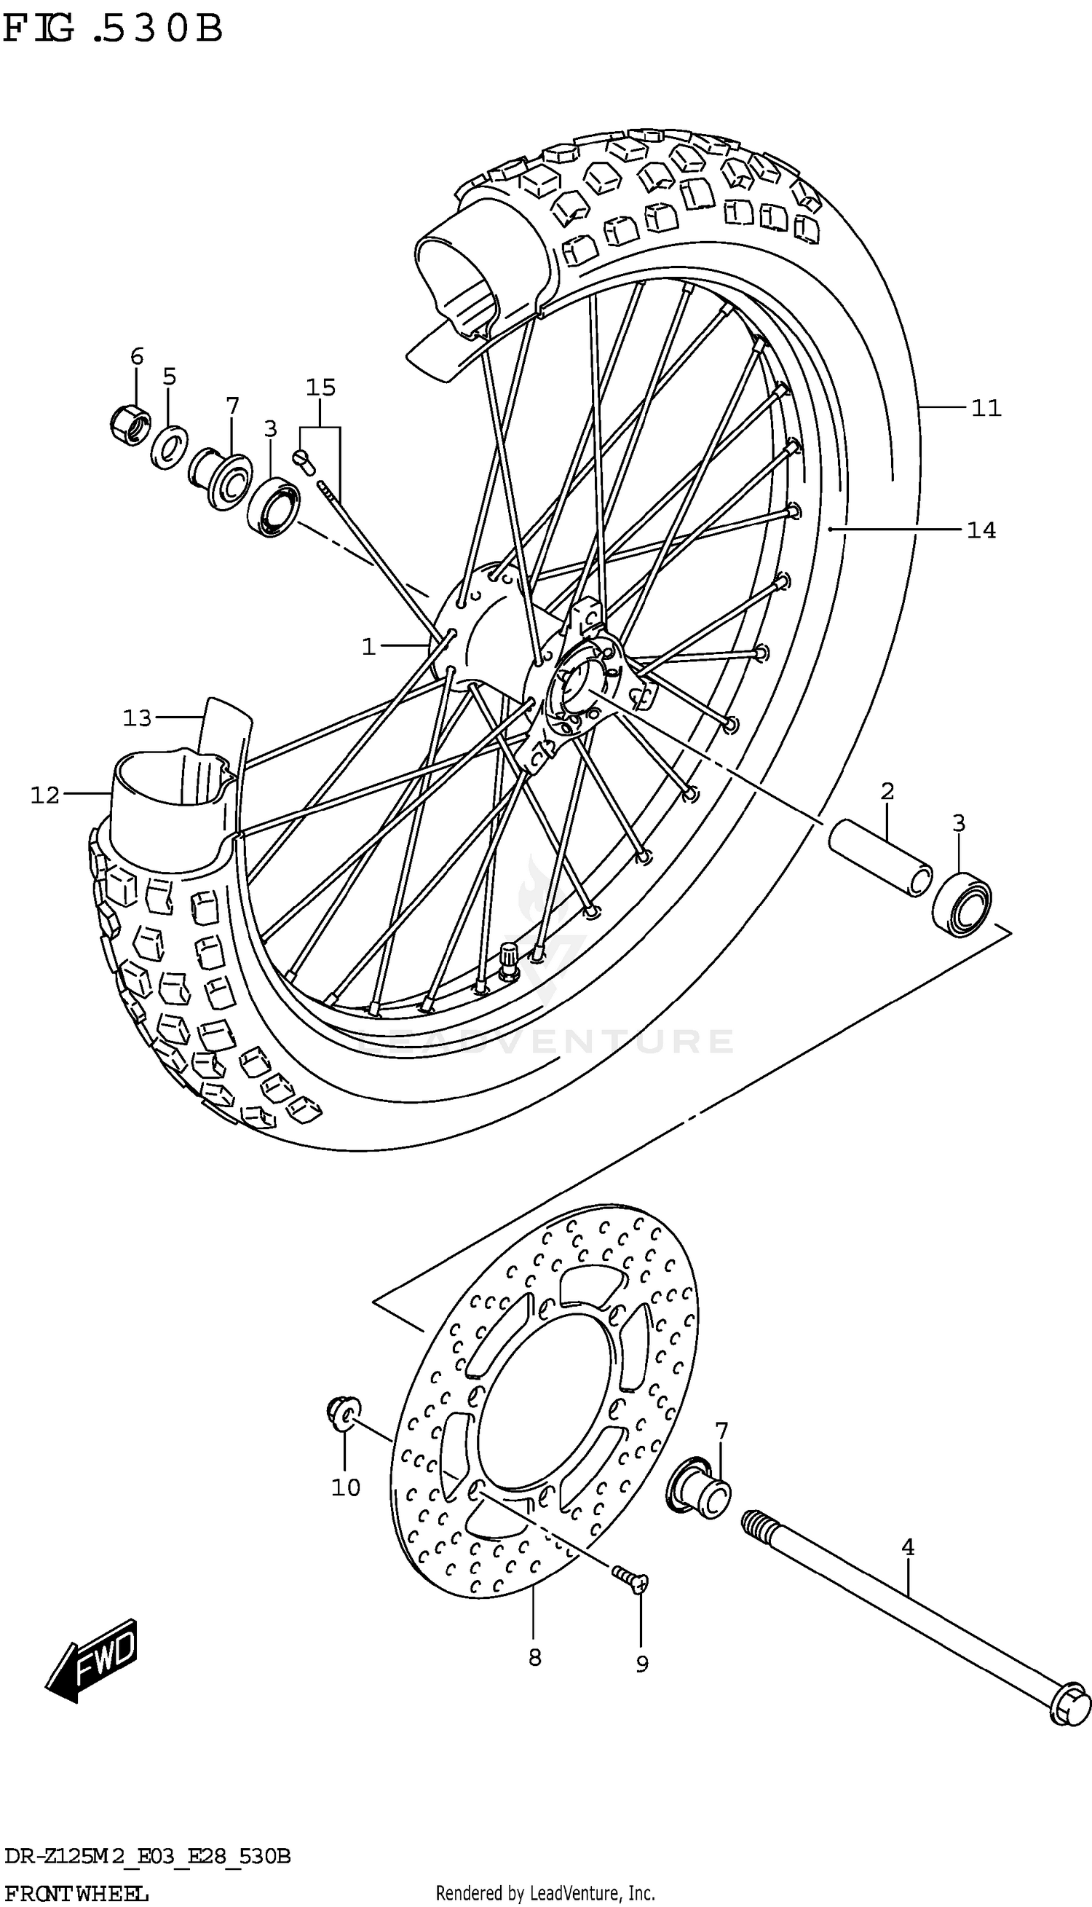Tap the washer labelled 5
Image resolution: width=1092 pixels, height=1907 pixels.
point(169,447)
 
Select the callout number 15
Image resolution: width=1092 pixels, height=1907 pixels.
point(320,388)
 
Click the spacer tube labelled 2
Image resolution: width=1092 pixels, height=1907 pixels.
point(879,858)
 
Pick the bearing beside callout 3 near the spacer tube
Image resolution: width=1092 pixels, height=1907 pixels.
point(961,905)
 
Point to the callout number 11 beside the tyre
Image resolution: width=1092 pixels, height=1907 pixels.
point(986,408)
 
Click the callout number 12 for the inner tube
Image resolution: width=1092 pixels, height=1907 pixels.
point(45,795)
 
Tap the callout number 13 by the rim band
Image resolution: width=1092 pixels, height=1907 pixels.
point(138,718)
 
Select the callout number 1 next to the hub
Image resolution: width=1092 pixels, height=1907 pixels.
point(368,646)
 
